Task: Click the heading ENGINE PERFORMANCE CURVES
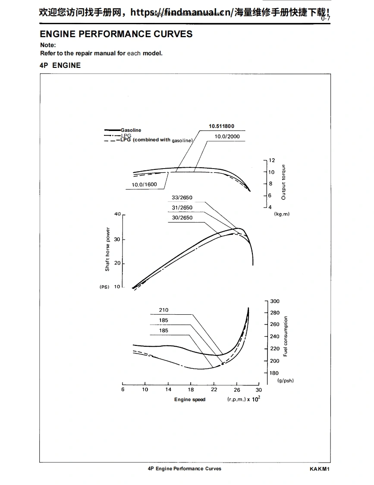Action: (116, 34)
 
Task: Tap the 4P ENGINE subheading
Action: (60, 65)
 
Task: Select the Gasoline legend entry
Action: (131, 130)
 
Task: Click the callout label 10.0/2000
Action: (227, 137)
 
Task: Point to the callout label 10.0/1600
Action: (145, 185)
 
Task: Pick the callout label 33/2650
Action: (182, 198)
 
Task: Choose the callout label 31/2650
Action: (182, 207)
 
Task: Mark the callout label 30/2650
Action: (182, 217)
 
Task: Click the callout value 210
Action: (163, 310)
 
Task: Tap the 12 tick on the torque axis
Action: (272, 160)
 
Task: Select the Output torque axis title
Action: (283, 182)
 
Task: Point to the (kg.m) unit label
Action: (282, 214)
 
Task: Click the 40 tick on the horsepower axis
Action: (117, 214)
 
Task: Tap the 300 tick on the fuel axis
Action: (274, 301)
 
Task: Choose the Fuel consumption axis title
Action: (285, 336)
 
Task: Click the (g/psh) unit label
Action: (285, 381)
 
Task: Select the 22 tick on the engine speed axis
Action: (214, 389)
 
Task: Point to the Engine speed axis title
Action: (190, 399)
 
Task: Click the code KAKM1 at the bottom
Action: (320, 469)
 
